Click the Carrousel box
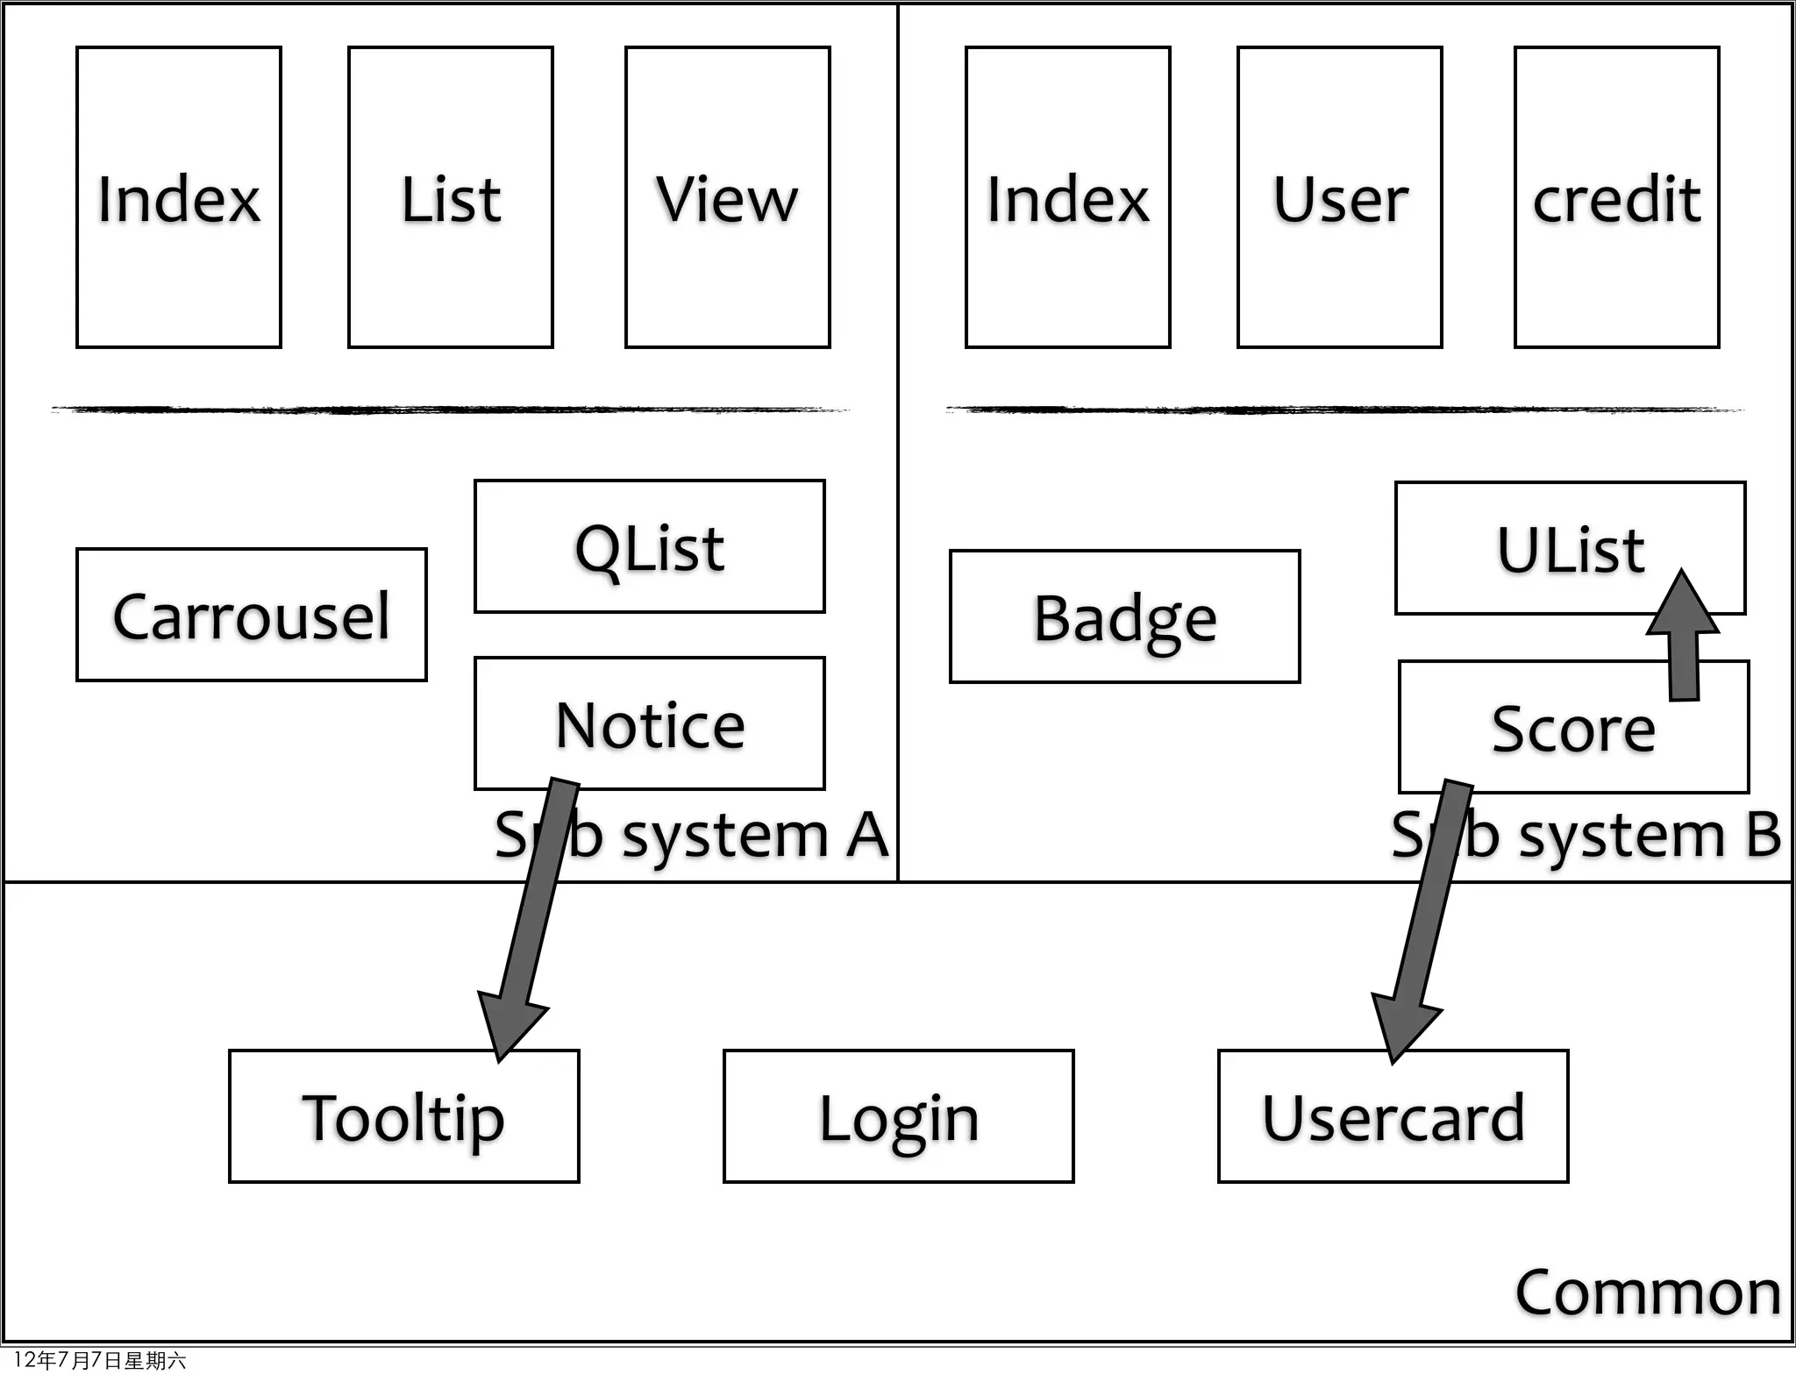click(252, 615)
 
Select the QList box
click(649, 546)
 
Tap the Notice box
click(649, 723)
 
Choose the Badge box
click(1124, 616)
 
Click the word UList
click(1570, 550)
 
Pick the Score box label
click(1572, 729)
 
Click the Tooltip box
click(403, 1116)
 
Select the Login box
click(898, 1116)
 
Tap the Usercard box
click(1393, 1116)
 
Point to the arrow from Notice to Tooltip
click(531, 912)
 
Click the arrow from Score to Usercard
click(1425, 912)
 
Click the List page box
click(451, 197)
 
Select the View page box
click(727, 197)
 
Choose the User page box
click(1339, 197)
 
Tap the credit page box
click(1616, 197)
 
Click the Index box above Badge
click(1067, 197)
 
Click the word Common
click(1647, 1292)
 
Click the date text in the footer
click(99, 1360)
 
